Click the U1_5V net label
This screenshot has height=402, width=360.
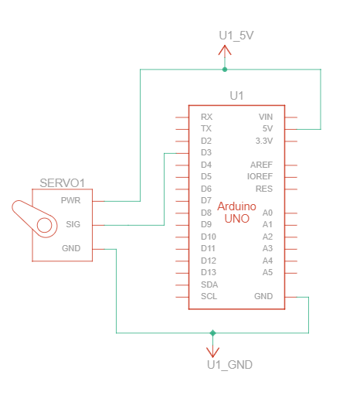(236, 36)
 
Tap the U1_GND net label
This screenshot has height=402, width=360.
(229, 365)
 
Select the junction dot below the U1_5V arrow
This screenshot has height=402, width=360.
(225, 70)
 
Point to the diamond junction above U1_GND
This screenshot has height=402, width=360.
(212, 333)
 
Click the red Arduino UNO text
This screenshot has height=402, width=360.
(237, 213)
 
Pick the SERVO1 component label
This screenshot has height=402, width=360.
(63, 183)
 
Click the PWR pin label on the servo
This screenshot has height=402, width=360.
(70, 200)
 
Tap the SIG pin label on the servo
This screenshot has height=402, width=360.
(73, 224)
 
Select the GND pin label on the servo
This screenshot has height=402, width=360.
(71, 248)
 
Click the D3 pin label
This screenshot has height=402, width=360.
(206, 152)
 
